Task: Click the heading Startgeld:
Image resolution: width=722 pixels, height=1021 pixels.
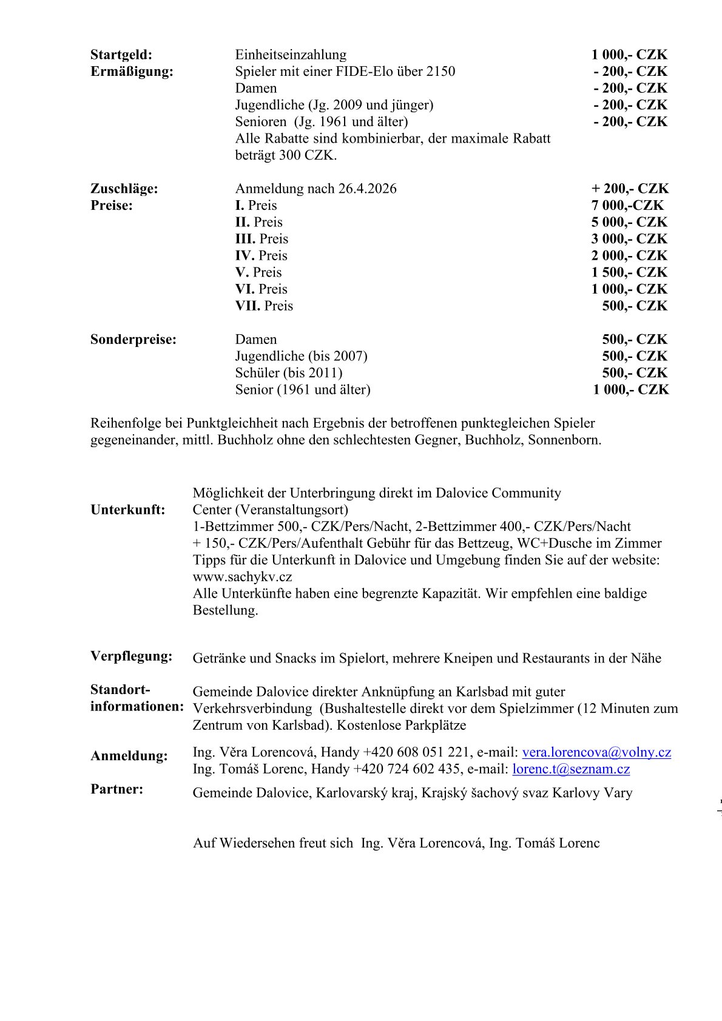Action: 121,55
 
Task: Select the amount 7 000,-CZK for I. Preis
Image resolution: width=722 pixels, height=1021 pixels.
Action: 627,205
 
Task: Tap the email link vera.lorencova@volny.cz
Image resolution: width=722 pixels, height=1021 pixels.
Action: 596,752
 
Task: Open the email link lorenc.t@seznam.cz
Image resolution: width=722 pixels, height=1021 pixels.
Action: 571,769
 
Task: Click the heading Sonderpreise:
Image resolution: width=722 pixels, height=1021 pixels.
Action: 133,339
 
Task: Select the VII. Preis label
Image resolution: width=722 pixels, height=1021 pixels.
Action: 264,306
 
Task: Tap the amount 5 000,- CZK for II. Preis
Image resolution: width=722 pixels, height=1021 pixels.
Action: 629,222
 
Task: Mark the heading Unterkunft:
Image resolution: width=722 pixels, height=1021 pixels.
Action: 128,510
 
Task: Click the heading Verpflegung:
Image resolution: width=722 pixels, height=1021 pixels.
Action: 131,656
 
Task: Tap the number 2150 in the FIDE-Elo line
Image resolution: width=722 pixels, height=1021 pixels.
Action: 440,72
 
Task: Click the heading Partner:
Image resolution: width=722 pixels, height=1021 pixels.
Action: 117,789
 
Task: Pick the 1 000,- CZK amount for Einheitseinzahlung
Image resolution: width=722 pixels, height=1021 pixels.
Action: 629,55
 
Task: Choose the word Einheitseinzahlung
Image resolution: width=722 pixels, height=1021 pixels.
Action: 291,55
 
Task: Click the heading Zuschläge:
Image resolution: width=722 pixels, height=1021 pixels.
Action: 124,189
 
